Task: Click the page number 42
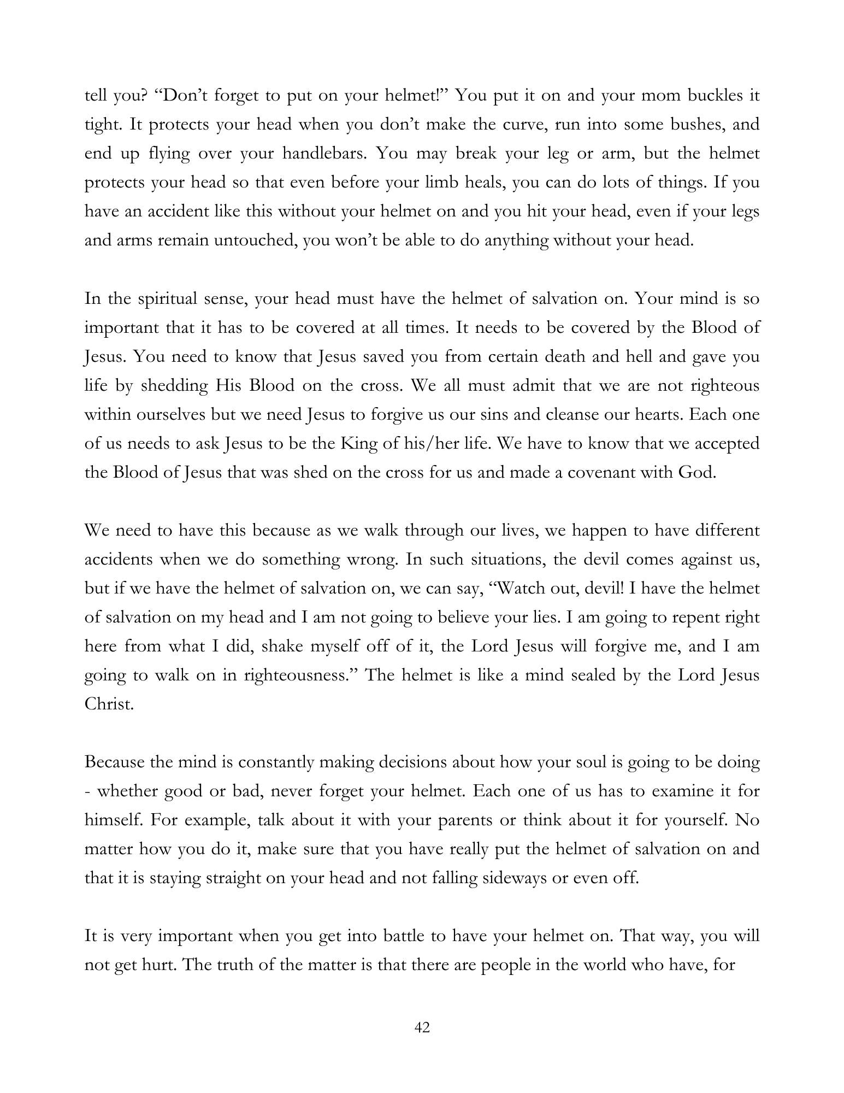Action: [x=422, y=1027]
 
